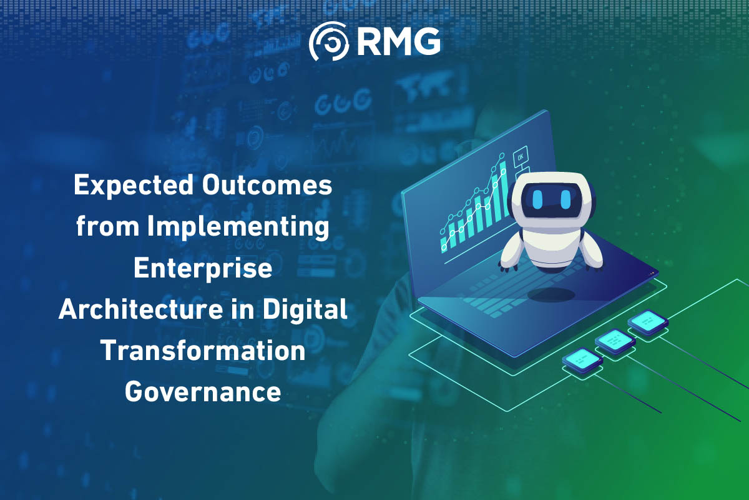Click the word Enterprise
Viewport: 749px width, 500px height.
click(x=203, y=269)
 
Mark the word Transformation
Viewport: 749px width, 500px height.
click(x=203, y=351)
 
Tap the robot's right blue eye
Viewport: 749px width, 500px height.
click(x=565, y=199)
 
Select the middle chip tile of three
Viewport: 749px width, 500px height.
click(x=615, y=341)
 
